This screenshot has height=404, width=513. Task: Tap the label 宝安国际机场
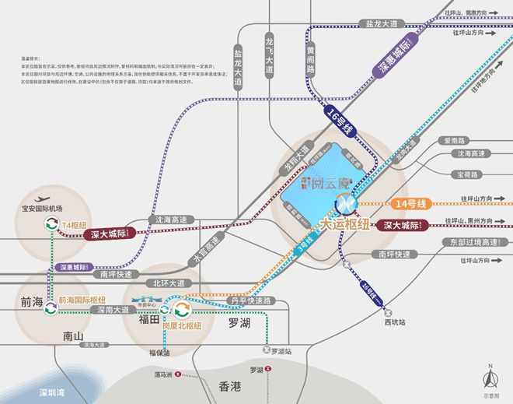pyautogui.click(x=48, y=209)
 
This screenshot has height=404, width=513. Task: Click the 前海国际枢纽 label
pyautogui.click(x=82, y=300)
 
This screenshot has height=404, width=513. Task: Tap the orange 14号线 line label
pyautogui.click(x=411, y=204)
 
